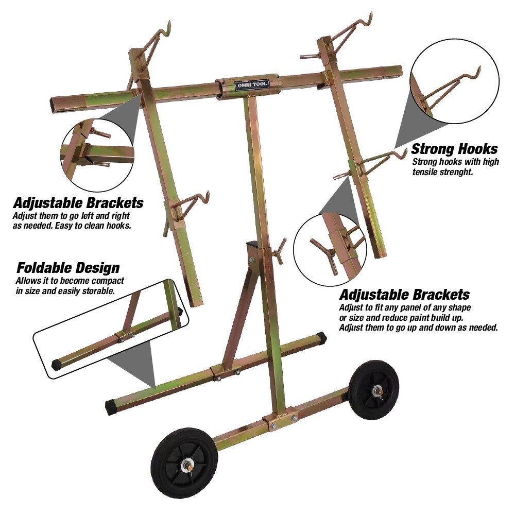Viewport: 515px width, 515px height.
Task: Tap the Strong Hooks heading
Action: (x=454, y=149)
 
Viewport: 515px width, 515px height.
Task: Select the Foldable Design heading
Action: (x=68, y=268)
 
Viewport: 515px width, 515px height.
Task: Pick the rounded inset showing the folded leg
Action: (x=111, y=330)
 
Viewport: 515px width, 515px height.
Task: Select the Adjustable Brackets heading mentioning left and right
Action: (x=78, y=202)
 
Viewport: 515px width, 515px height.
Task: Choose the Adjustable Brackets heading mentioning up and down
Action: (x=404, y=295)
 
